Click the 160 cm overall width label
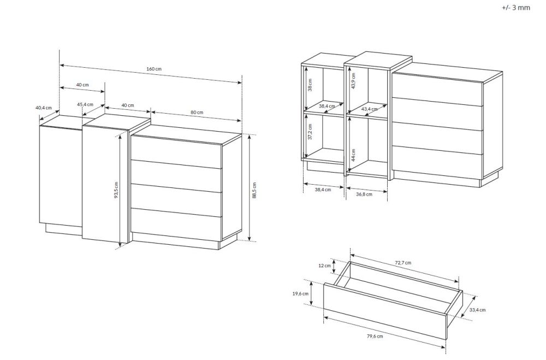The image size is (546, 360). (154, 69)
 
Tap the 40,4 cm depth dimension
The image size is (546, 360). (44, 108)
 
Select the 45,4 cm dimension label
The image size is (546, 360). (85, 104)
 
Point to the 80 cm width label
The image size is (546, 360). (197, 112)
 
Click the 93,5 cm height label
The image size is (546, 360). (116, 190)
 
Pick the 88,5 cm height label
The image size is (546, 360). (254, 190)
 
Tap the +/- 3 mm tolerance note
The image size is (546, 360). (516, 7)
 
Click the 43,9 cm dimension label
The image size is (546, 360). (353, 81)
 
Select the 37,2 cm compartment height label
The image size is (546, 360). (310, 131)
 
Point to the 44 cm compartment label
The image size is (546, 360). (353, 155)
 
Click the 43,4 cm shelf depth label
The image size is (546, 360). (370, 109)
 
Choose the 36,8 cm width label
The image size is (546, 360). (364, 194)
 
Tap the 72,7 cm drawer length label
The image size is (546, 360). (403, 262)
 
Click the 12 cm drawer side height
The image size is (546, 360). (324, 265)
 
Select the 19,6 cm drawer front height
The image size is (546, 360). (300, 293)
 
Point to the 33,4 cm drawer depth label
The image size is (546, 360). (477, 309)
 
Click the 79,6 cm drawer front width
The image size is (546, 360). (375, 336)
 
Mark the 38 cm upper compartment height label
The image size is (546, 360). (310, 85)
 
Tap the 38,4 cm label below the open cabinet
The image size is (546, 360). (323, 189)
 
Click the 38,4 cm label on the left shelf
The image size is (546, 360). (327, 106)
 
